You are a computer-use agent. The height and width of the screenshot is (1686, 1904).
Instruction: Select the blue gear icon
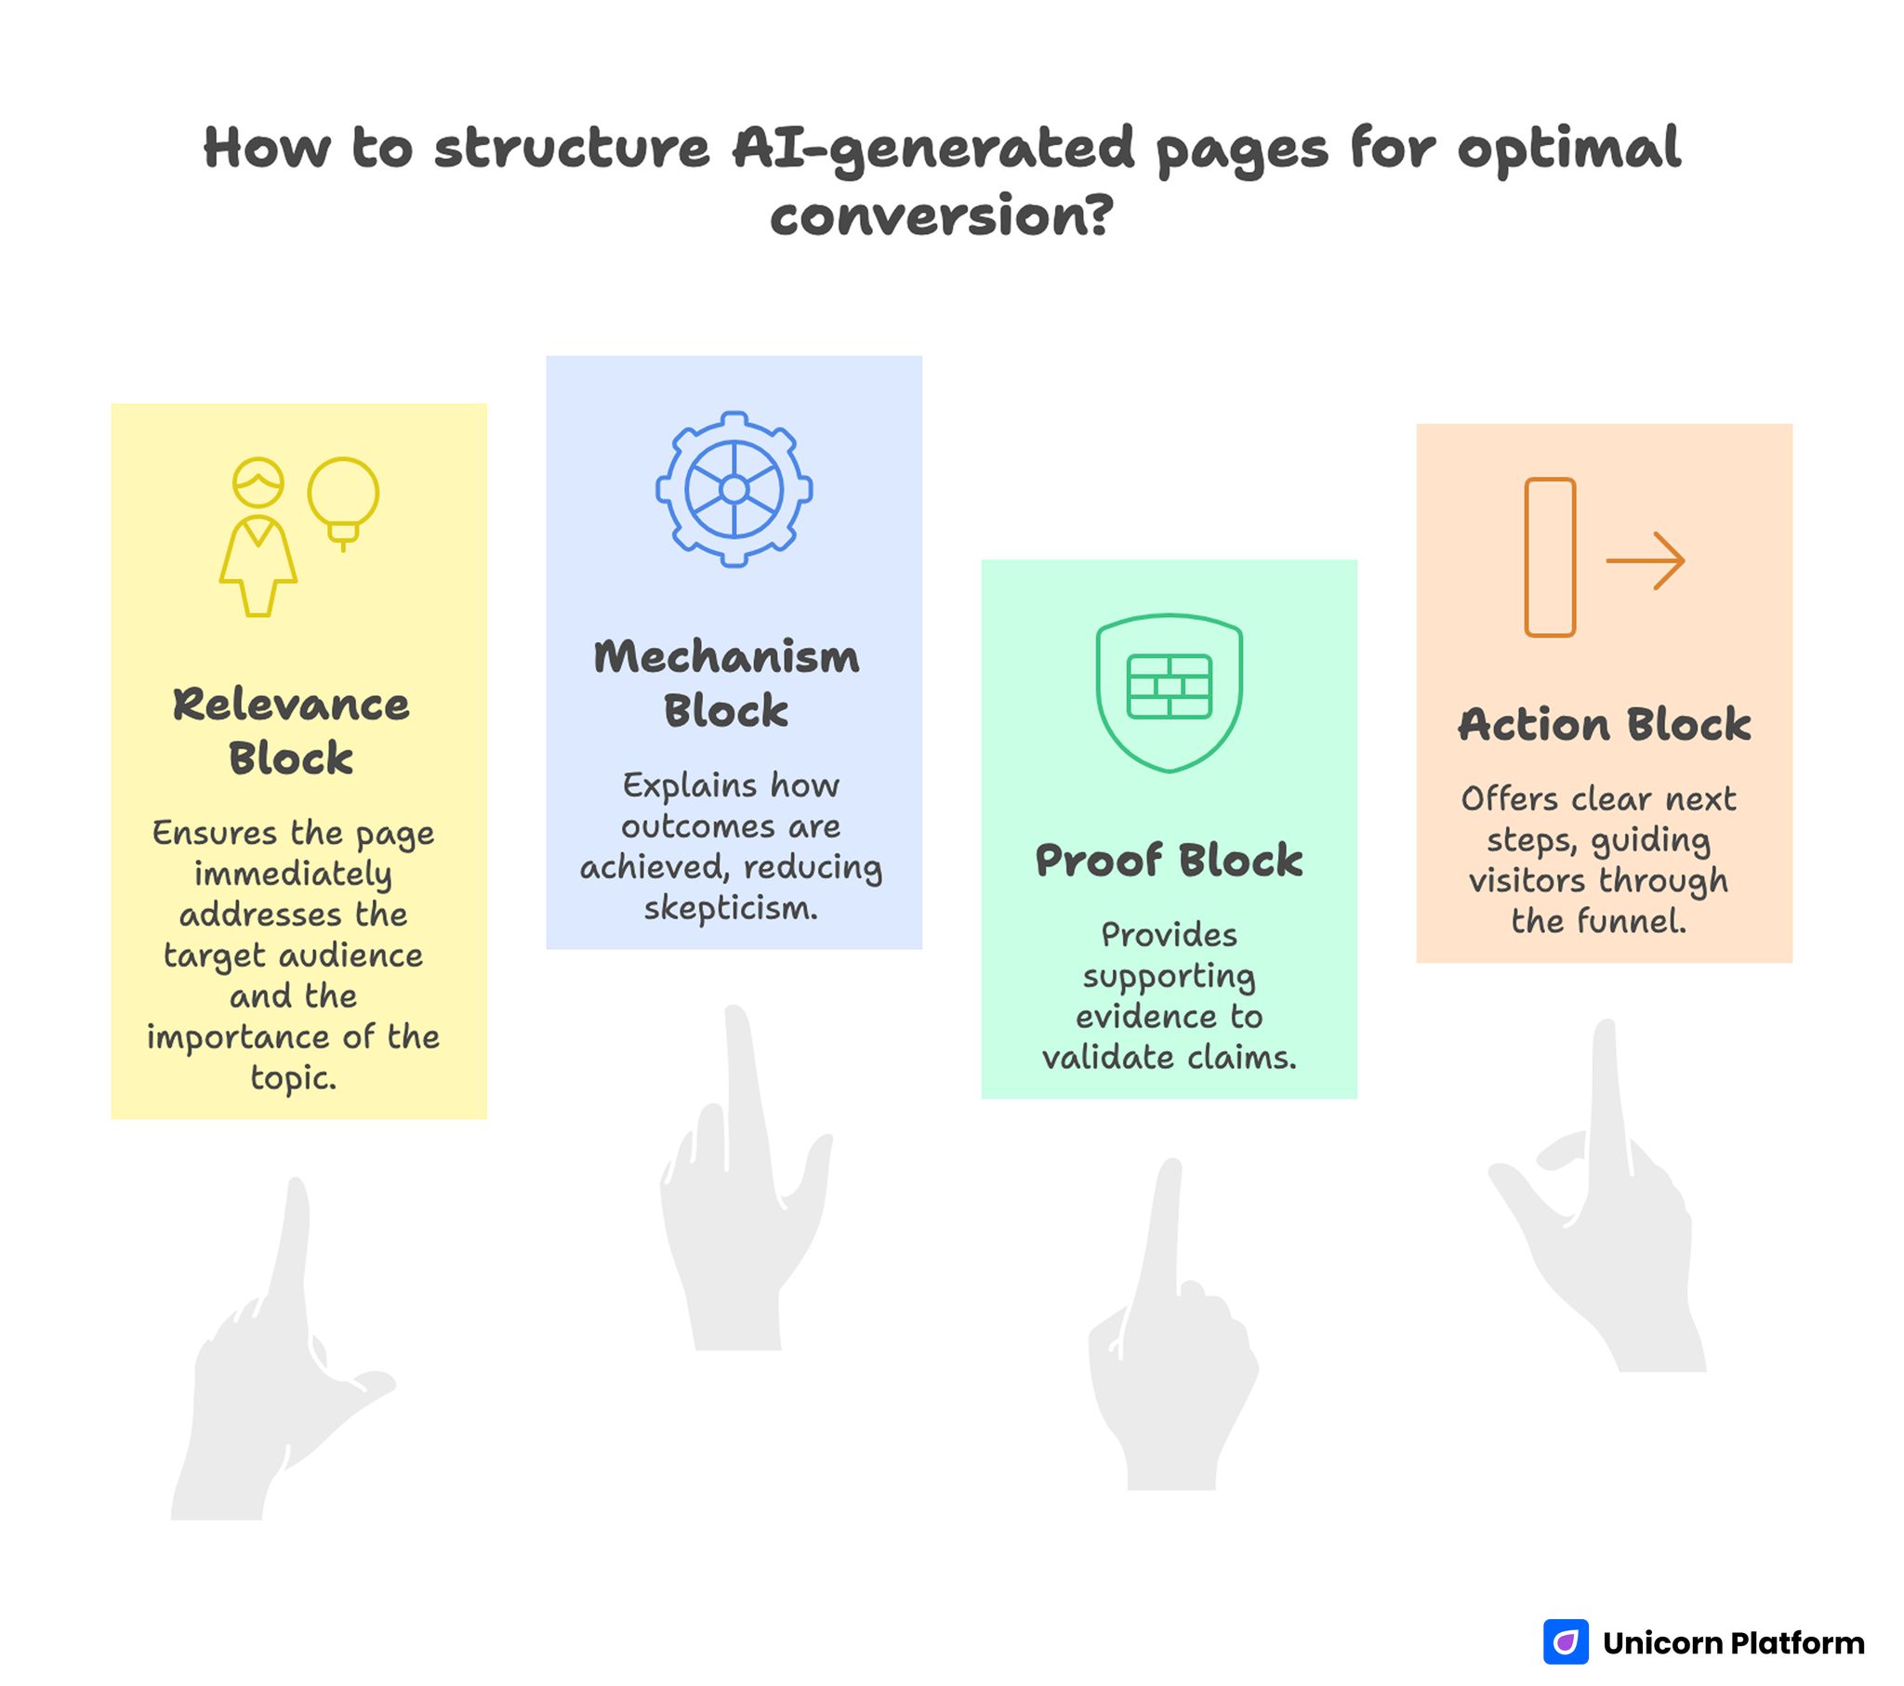(734, 489)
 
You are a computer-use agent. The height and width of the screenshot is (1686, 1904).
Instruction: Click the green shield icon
(1169, 692)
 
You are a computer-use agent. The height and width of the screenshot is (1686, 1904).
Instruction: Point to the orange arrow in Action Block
(1645, 560)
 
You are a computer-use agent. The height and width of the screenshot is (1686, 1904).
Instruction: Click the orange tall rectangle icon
(1550, 557)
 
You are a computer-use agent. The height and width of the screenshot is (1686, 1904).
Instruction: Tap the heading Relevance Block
(292, 731)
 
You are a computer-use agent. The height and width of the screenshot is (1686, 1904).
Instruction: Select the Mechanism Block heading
(727, 683)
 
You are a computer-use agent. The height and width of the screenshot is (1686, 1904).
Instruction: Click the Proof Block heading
(1169, 860)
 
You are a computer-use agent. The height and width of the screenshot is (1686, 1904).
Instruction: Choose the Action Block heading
(1604, 725)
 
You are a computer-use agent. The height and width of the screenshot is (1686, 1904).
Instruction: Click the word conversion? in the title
(942, 217)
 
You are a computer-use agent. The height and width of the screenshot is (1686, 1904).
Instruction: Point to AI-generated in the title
(932, 149)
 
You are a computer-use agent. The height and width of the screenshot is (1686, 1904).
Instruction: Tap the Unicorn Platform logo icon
(1566, 1641)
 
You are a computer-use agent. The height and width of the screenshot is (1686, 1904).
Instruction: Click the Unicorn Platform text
(1734, 1642)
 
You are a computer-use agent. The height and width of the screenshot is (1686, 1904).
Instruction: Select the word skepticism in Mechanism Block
(731, 908)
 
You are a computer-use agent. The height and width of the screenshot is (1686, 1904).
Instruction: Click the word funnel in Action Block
(1630, 921)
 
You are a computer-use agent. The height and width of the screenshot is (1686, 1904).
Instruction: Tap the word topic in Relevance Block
(292, 1078)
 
